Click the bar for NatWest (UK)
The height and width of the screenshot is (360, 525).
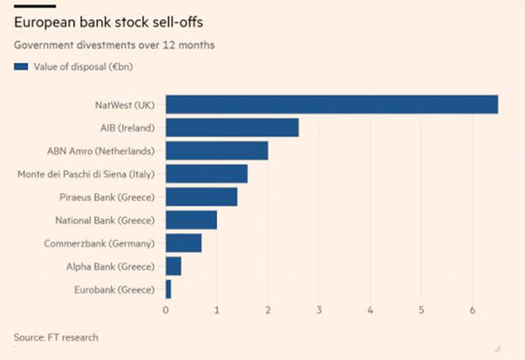click(x=331, y=104)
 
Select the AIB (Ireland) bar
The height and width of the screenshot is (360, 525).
click(x=232, y=128)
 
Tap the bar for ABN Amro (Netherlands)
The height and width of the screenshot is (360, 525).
click(x=217, y=151)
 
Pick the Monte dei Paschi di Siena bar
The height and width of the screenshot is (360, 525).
click(x=207, y=174)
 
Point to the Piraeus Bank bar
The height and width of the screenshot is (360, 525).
click(x=202, y=197)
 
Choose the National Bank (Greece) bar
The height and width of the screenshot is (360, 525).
click(x=192, y=220)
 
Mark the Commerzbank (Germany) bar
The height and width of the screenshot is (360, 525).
click(x=184, y=243)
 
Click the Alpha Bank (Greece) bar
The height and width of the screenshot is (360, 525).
click(x=173, y=267)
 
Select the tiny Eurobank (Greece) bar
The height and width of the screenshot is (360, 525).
click(x=168, y=289)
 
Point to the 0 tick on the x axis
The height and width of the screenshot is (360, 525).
click(x=166, y=310)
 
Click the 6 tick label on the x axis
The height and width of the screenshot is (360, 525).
click(x=473, y=310)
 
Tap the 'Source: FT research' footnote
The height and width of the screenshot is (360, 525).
click(x=56, y=337)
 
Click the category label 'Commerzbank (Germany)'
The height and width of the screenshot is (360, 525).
click(x=99, y=243)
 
